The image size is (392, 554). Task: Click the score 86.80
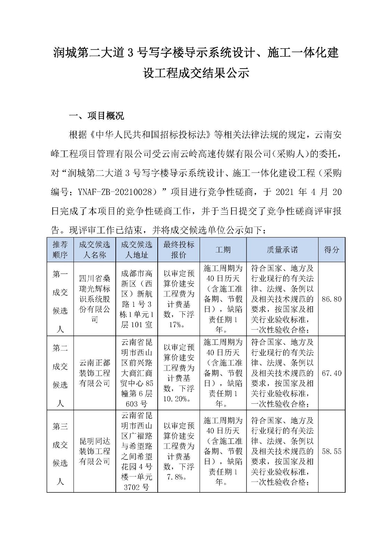[331, 299]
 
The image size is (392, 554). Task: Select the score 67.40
[331, 373]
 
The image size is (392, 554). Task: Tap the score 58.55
[331, 452]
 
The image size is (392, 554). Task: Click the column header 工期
[223, 250]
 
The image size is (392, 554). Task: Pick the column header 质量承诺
[282, 250]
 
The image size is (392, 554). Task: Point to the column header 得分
[331, 250]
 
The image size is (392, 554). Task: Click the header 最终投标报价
[178, 250]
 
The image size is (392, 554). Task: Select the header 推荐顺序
[60, 250]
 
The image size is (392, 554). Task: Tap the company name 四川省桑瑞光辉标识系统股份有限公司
[95, 299]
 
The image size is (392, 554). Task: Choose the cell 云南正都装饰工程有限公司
[95, 373]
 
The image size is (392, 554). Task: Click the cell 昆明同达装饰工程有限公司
[95, 451]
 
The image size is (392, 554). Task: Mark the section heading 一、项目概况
[97, 116]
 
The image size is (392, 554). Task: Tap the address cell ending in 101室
[137, 299]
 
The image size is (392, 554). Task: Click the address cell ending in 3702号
[137, 451]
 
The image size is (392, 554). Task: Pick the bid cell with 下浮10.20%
[178, 373]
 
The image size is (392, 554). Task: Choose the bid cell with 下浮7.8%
[178, 451]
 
